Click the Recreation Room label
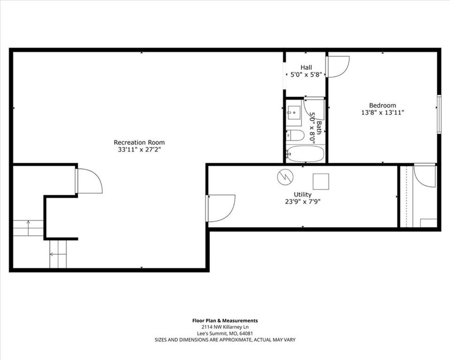tap(139, 142)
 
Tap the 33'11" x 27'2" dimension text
tap(139, 150)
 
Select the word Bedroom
tap(382, 105)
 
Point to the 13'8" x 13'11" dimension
tap(382, 112)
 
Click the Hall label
tap(306, 67)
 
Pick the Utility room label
tap(302, 195)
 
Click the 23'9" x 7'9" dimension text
tap(302, 202)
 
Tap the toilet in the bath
tap(295, 135)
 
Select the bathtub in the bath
tap(305, 154)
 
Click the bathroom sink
tap(293, 113)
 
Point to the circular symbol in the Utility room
tap(285, 177)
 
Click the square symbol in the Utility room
tap(321, 181)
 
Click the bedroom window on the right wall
tap(439, 114)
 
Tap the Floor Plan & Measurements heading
tap(225, 321)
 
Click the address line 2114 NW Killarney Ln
tap(225, 327)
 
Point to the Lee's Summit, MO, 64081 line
tap(225, 334)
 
